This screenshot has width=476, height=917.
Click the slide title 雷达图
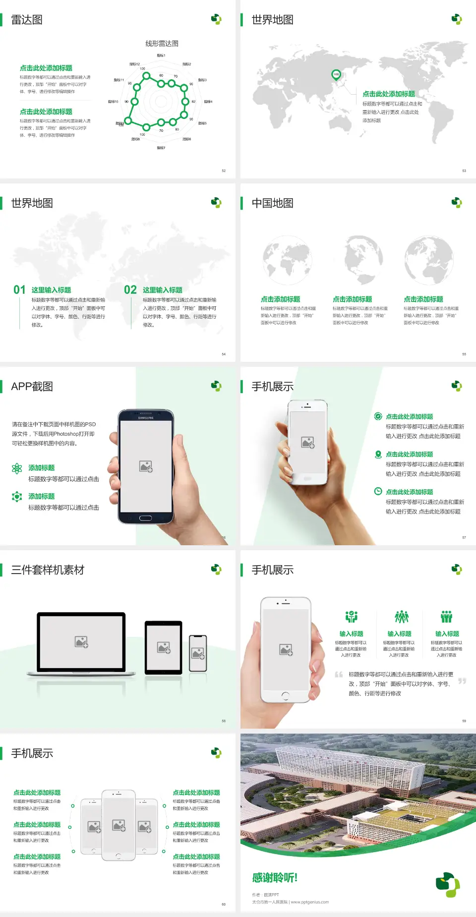[x=27, y=20]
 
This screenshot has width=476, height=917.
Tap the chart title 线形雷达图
[x=162, y=44]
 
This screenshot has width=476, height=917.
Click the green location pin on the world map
[x=336, y=75]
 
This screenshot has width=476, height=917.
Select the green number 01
[x=19, y=290]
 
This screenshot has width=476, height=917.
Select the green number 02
[x=130, y=290]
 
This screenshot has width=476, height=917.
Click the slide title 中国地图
[x=272, y=203]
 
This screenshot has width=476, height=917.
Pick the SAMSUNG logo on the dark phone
[x=146, y=418]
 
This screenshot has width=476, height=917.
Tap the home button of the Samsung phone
[x=145, y=518]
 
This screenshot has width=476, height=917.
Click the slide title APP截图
[x=32, y=387]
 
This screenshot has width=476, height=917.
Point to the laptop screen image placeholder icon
[x=81, y=642]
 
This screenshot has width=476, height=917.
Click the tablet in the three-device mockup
[x=164, y=647]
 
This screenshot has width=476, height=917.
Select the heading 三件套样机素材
[x=48, y=570]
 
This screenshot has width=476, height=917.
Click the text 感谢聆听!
[x=275, y=878]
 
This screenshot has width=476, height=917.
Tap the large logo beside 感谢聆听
[x=448, y=885]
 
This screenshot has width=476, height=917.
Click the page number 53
[x=464, y=171]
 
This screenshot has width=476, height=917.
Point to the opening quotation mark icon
[x=339, y=675]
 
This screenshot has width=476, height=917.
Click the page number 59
[x=464, y=721]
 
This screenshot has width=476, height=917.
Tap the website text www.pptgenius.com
[x=310, y=902]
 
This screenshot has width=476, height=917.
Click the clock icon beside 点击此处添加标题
[x=378, y=491]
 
